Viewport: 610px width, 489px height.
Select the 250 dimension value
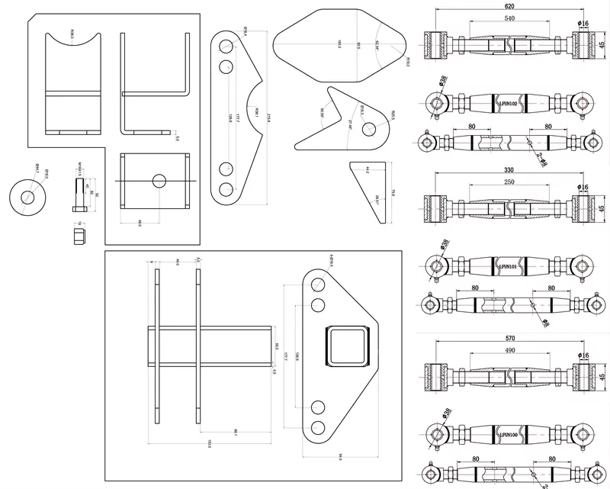(x=509, y=182)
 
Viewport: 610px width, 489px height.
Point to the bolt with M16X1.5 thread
(x=79, y=194)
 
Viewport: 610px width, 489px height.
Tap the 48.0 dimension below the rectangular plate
(x=139, y=224)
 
